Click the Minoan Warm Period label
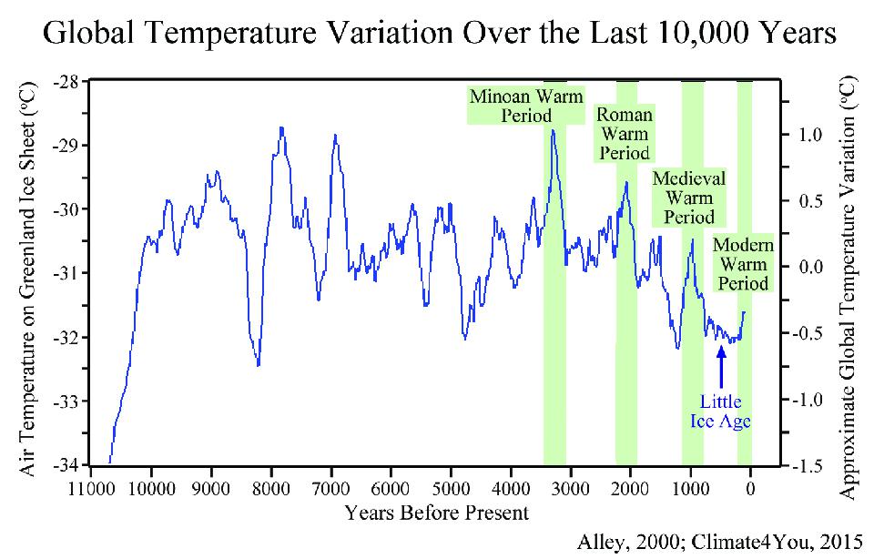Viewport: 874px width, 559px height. (x=525, y=105)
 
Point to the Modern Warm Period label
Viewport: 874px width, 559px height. (x=744, y=264)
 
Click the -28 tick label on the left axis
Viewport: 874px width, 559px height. (x=69, y=82)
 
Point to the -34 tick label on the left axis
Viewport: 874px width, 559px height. (x=69, y=465)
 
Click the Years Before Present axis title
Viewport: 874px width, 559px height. (x=436, y=513)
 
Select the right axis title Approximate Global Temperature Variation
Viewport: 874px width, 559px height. (x=849, y=273)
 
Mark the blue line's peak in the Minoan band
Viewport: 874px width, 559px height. (x=553, y=131)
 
